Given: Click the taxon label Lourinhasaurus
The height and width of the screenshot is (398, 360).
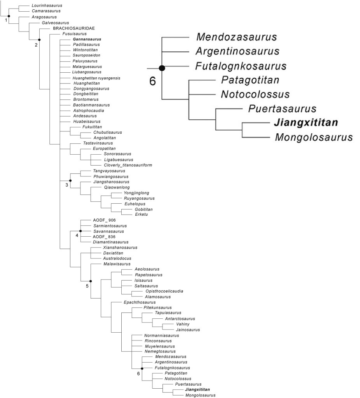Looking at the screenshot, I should pyautogui.click(x=47, y=6).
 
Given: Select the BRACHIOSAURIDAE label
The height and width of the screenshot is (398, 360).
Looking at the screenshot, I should pyautogui.click(x=73, y=28).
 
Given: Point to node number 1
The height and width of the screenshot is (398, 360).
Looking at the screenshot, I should pyautogui.click(x=6, y=20).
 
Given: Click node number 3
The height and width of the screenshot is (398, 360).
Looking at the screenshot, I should pyautogui.click(x=66, y=185).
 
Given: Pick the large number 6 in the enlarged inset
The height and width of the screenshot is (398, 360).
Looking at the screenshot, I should pyautogui.click(x=153, y=82).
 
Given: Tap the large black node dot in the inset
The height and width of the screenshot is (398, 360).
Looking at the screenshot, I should pyautogui.click(x=162, y=68).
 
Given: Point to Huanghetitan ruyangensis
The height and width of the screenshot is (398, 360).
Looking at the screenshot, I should pyautogui.click(x=96, y=78).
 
